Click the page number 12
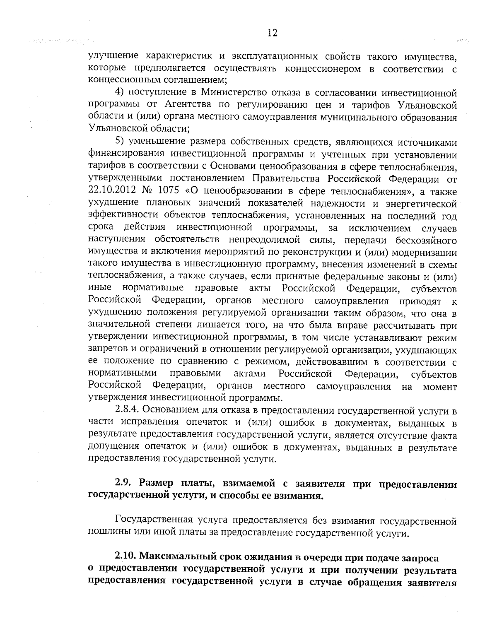[x=272, y=34]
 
